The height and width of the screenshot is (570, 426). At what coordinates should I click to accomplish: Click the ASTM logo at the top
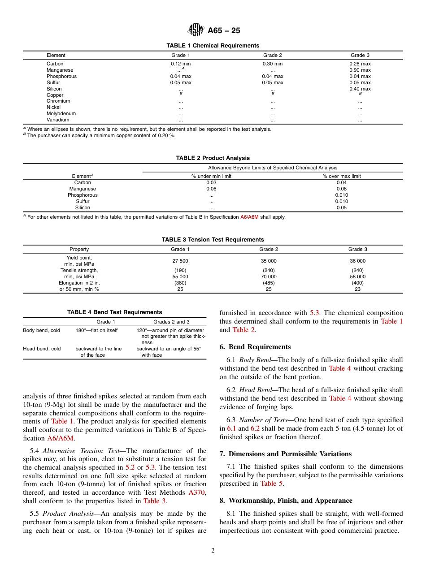pyautogui.click(x=196, y=30)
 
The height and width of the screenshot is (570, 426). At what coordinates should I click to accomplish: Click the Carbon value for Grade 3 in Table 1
pyautogui.click(x=360, y=64)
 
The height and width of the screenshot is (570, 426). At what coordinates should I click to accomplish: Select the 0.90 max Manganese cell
pyautogui.click(x=360, y=70)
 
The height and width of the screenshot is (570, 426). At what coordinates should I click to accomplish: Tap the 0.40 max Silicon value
pyautogui.click(x=360, y=89)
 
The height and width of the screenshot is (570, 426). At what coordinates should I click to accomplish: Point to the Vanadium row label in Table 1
pyautogui.click(x=58, y=120)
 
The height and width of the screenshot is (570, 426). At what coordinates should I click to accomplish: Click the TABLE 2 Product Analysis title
pyautogui.click(x=213, y=158)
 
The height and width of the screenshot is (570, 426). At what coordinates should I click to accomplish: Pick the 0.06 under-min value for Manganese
pyautogui.click(x=211, y=189)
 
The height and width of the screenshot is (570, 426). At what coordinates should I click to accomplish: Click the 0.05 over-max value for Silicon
pyautogui.click(x=341, y=207)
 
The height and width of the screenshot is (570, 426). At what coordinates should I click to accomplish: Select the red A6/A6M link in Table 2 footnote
pyautogui.click(x=249, y=217)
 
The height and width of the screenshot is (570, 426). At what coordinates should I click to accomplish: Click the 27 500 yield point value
pyautogui.click(x=180, y=261)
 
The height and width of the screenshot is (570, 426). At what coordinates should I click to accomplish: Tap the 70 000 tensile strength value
pyautogui.click(x=269, y=276)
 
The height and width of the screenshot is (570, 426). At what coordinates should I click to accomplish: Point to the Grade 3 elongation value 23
pyautogui.click(x=357, y=289)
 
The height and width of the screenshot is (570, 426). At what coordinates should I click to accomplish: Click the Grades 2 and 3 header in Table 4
pyautogui.click(x=171, y=322)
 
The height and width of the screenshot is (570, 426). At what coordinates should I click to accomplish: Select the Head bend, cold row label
pyautogui.click(x=42, y=349)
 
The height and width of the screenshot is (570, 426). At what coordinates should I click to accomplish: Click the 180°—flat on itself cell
pyautogui.click(x=96, y=330)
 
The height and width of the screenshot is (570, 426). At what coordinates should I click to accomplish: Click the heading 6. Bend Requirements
pyautogui.click(x=255, y=347)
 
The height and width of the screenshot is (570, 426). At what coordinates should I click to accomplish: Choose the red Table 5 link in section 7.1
pyautogui.click(x=268, y=484)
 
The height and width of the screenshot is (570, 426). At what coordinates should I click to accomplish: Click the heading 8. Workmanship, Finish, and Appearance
pyautogui.click(x=286, y=501)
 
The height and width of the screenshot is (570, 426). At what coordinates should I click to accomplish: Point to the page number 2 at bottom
pyautogui.click(x=213, y=551)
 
